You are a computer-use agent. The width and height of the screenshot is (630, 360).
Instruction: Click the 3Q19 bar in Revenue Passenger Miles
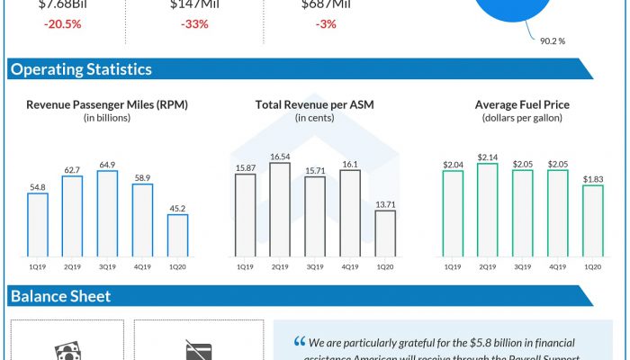107,212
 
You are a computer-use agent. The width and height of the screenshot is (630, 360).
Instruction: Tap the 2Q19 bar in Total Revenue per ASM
280,208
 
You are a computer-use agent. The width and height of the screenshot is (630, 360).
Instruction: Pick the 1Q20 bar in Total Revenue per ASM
384,233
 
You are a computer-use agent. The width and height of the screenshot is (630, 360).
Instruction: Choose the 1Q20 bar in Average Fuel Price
591,220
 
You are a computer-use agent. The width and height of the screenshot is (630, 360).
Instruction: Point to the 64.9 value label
107,165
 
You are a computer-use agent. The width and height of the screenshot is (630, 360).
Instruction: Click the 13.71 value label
384,204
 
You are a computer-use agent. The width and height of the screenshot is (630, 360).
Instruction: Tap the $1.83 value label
591,179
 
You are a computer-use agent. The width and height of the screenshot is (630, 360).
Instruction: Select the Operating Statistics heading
81,69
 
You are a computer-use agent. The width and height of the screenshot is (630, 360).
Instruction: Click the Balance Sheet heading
60,296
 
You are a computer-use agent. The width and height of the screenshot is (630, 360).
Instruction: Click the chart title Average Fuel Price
522,105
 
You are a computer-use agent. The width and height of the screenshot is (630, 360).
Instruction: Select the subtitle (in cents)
314,118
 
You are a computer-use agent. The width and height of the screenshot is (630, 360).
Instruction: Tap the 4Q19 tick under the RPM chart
142,266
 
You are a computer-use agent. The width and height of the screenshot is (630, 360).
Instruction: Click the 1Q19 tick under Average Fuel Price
453,266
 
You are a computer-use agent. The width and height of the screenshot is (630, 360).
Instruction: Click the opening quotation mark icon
299,342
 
